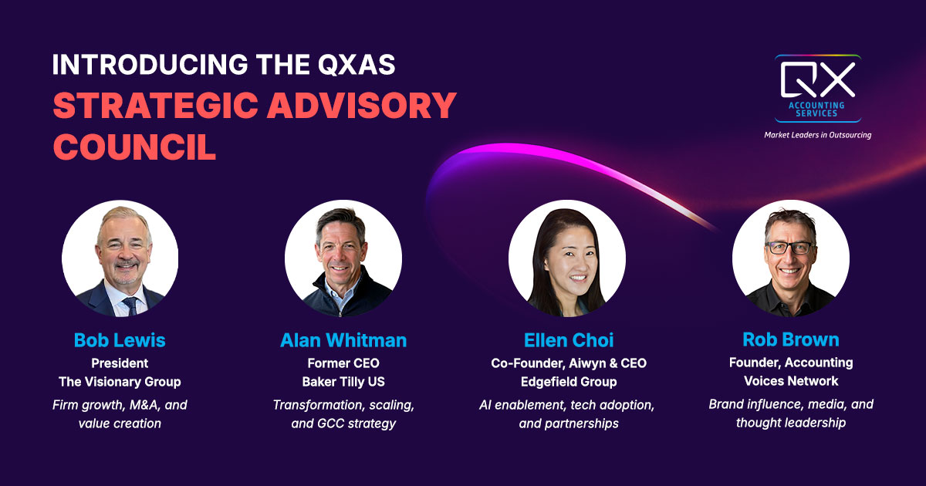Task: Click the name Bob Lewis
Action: (120, 340)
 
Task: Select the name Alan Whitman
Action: (343, 340)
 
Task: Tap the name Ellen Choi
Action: (566, 340)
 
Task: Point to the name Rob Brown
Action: (791, 339)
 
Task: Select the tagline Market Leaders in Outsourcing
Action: (818, 135)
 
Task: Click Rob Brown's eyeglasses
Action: (789, 248)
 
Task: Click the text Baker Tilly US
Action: (343, 381)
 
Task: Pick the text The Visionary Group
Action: (120, 381)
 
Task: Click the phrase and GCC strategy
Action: (343, 423)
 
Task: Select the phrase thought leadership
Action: (791, 422)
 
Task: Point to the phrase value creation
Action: (120, 423)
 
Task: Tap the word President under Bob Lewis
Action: (120, 363)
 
